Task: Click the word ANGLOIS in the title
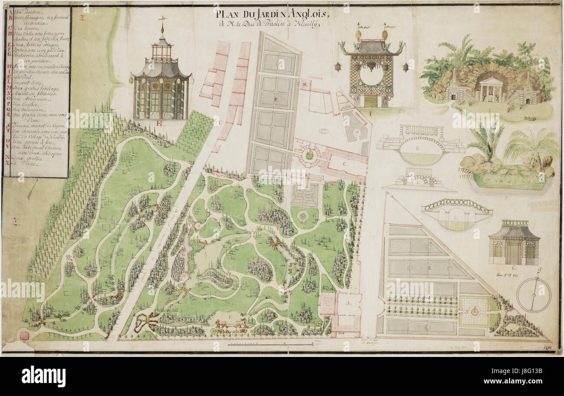click(x=306, y=14)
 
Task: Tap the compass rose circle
click(x=534, y=295)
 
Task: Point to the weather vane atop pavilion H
click(x=162, y=19)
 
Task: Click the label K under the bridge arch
click(x=418, y=148)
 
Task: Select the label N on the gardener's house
click(x=305, y=84)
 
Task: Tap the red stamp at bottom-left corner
click(x=24, y=335)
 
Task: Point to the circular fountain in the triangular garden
click(x=475, y=311)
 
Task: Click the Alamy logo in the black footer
click(x=43, y=376)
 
